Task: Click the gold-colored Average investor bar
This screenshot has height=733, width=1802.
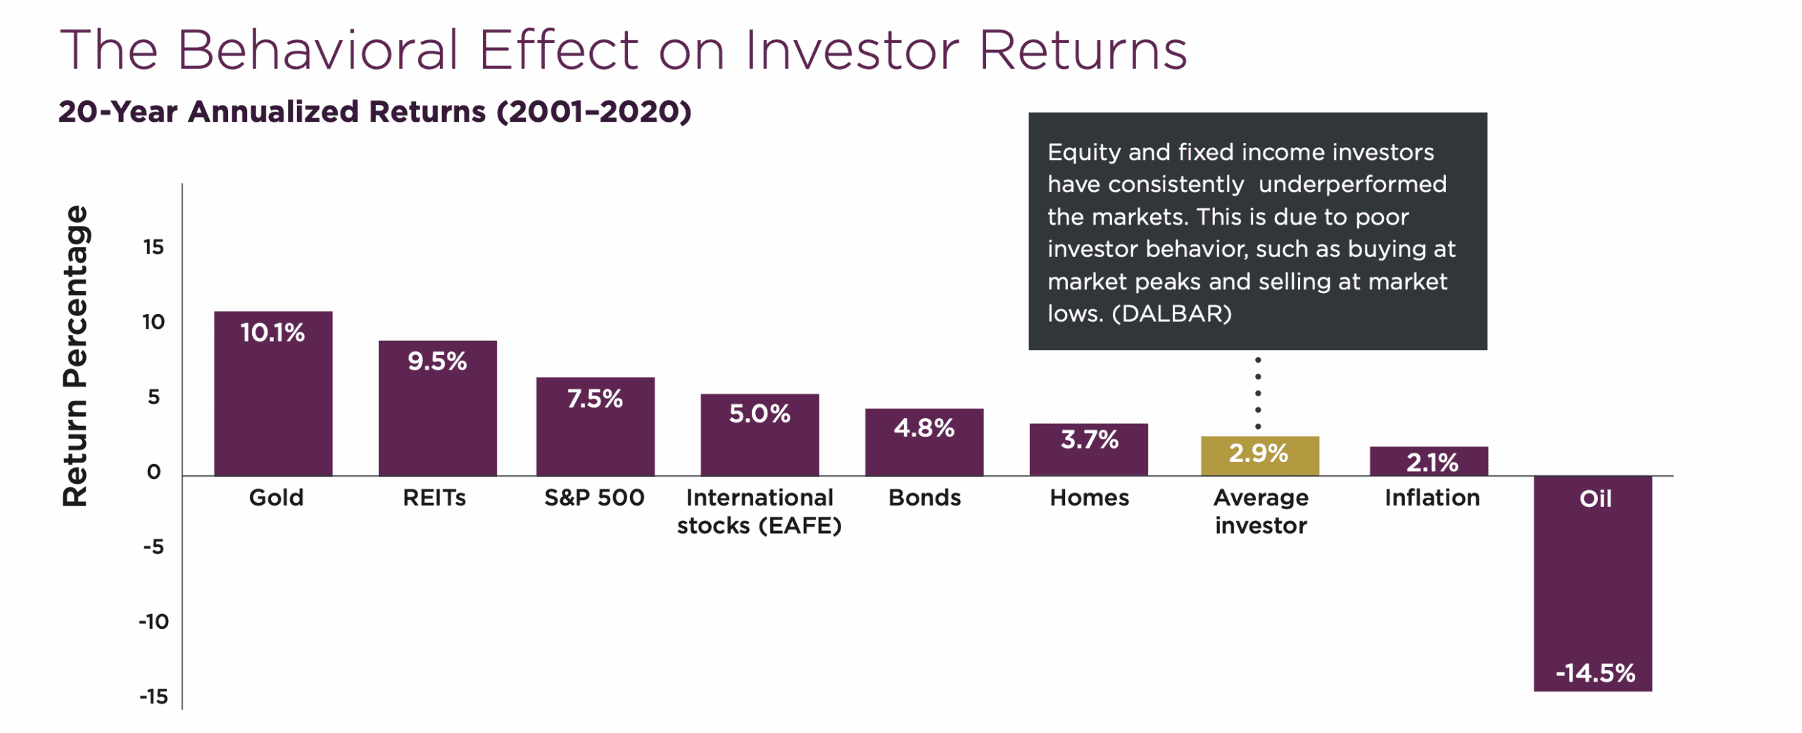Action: pos(1259,456)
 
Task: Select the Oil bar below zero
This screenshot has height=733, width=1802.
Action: pos(1592,584)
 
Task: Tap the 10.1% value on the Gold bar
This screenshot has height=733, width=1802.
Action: pos(272,332)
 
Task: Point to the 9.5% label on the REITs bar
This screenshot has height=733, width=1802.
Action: pos(437,361)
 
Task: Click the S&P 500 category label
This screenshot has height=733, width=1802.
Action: pos(594,498)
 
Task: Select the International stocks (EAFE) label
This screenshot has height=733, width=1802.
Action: pos(759,512)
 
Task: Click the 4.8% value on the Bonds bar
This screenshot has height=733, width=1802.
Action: pos(924,427)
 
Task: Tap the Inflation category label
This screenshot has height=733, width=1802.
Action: pos(1432,498)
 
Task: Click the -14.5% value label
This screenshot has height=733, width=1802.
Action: pos(1595,672)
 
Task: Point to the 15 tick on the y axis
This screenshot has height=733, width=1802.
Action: pos(153,247)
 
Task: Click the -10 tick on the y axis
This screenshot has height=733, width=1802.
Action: pos(153,622)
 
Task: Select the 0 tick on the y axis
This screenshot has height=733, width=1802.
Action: pos(153,472)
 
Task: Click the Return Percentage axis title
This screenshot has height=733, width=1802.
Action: pos(75,356)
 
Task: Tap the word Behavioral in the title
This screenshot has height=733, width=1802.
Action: pos(317,51)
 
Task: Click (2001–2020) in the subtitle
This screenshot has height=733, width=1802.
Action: pos(594,112)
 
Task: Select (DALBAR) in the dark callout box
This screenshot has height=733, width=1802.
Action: pos(1172,313)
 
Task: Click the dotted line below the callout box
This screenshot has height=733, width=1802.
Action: pos(1258,392)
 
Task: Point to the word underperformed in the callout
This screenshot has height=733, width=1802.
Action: pos(1352,184)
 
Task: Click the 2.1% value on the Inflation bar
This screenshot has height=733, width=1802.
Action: pos(1432,463)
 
